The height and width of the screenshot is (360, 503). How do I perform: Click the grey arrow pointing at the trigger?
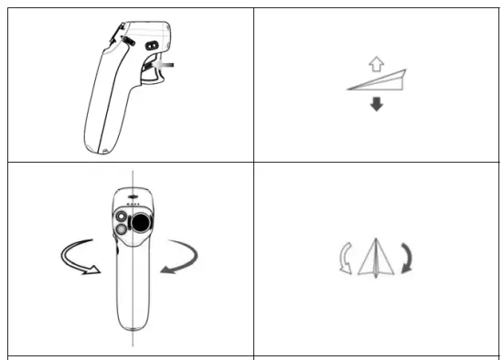[x=166, y=67]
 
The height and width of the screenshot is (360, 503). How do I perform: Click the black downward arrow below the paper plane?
[x=374, y=104]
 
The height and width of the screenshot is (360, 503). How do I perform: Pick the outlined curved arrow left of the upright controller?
[x=74, y=257]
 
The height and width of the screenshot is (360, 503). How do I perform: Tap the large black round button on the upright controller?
[x=142, y=222]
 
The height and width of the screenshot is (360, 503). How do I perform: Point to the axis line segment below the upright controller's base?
[x=134, y=340]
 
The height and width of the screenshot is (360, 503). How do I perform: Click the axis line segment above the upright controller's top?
[x=134, y=177]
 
